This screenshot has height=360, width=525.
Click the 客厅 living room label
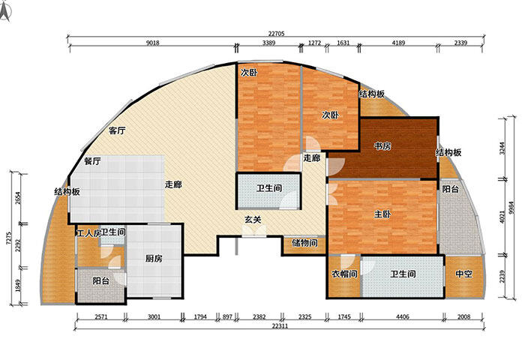point(116,130)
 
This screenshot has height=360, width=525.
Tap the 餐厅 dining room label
point(92,160)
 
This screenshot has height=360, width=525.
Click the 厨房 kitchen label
point(155,258)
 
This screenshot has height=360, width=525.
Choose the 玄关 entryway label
point(252,220)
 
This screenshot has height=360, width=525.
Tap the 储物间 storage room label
point(304,243)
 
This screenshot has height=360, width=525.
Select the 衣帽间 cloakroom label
point(343,274)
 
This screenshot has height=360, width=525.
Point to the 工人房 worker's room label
point(87,233)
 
